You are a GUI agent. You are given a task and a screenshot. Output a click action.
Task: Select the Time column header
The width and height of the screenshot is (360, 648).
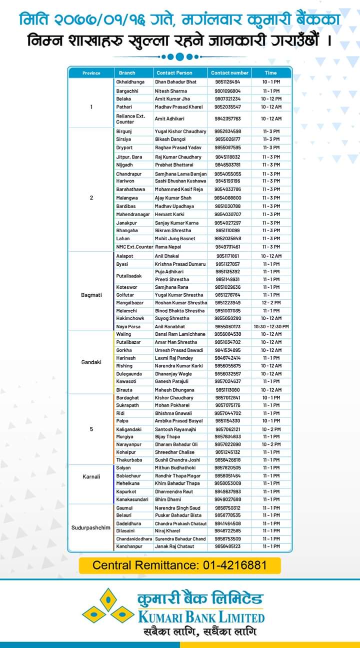[x=270, y=73]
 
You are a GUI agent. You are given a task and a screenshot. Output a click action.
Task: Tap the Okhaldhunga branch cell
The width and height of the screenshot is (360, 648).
[x=130, y=82]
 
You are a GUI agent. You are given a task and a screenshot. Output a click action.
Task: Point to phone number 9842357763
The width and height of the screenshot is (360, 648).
[x=227, y=119]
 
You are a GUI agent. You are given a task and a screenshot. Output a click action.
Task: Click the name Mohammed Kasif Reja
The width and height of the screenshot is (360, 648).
[x=178, y=189]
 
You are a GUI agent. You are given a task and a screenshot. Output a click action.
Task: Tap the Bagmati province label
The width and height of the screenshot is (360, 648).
[x=91, y=295]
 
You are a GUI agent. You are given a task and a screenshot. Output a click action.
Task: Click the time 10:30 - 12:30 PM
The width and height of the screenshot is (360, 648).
[x=270, y=326]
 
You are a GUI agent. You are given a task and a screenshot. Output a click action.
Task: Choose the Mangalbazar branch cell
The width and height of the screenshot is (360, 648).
[x=129, y=303]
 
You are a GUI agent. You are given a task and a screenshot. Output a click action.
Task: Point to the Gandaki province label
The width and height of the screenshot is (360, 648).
[x=91, y=361]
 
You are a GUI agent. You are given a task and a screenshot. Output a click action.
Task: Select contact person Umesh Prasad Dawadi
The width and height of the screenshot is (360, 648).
[x=179, y=350]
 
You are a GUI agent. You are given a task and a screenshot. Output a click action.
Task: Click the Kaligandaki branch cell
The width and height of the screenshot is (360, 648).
[x=128, y=429]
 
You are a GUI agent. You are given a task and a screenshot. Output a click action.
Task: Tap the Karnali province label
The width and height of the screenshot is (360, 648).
[x=91, y=476]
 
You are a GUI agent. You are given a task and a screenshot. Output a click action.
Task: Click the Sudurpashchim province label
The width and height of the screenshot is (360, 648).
[x=91, y=527]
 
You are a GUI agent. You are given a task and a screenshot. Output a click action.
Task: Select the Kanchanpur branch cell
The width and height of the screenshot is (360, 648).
[x=129, y=546]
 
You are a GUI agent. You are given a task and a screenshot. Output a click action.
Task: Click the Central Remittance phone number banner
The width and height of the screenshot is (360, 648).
[x=180, y=565]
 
